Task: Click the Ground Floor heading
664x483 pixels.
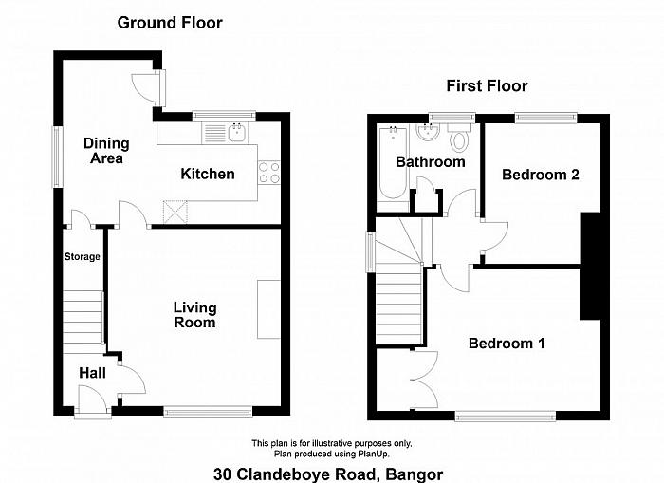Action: click(170, 23)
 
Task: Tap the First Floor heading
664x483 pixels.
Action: click(487, 86)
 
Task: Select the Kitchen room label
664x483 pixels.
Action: click(208, 174)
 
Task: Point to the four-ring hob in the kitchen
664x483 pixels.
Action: click(269, 173)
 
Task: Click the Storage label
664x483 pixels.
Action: click(83, 257)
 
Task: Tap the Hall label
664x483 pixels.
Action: click(92, 373)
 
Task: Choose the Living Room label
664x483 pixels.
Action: click(194, 315)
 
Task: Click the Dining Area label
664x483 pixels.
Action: click(106, 151)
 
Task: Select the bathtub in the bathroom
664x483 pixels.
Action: click(394, 162)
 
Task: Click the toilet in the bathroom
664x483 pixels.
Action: click(458, 137)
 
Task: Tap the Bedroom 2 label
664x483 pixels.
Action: click(541, 175)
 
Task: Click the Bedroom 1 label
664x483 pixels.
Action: click(507, 344)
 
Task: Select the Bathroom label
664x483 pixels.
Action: click(431, 162)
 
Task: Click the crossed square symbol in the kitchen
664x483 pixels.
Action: click(175, 212)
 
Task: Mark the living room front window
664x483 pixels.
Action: click(208, 411)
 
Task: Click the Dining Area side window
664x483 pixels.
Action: click(56, 158)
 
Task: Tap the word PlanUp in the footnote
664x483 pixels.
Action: click(374, 455)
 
